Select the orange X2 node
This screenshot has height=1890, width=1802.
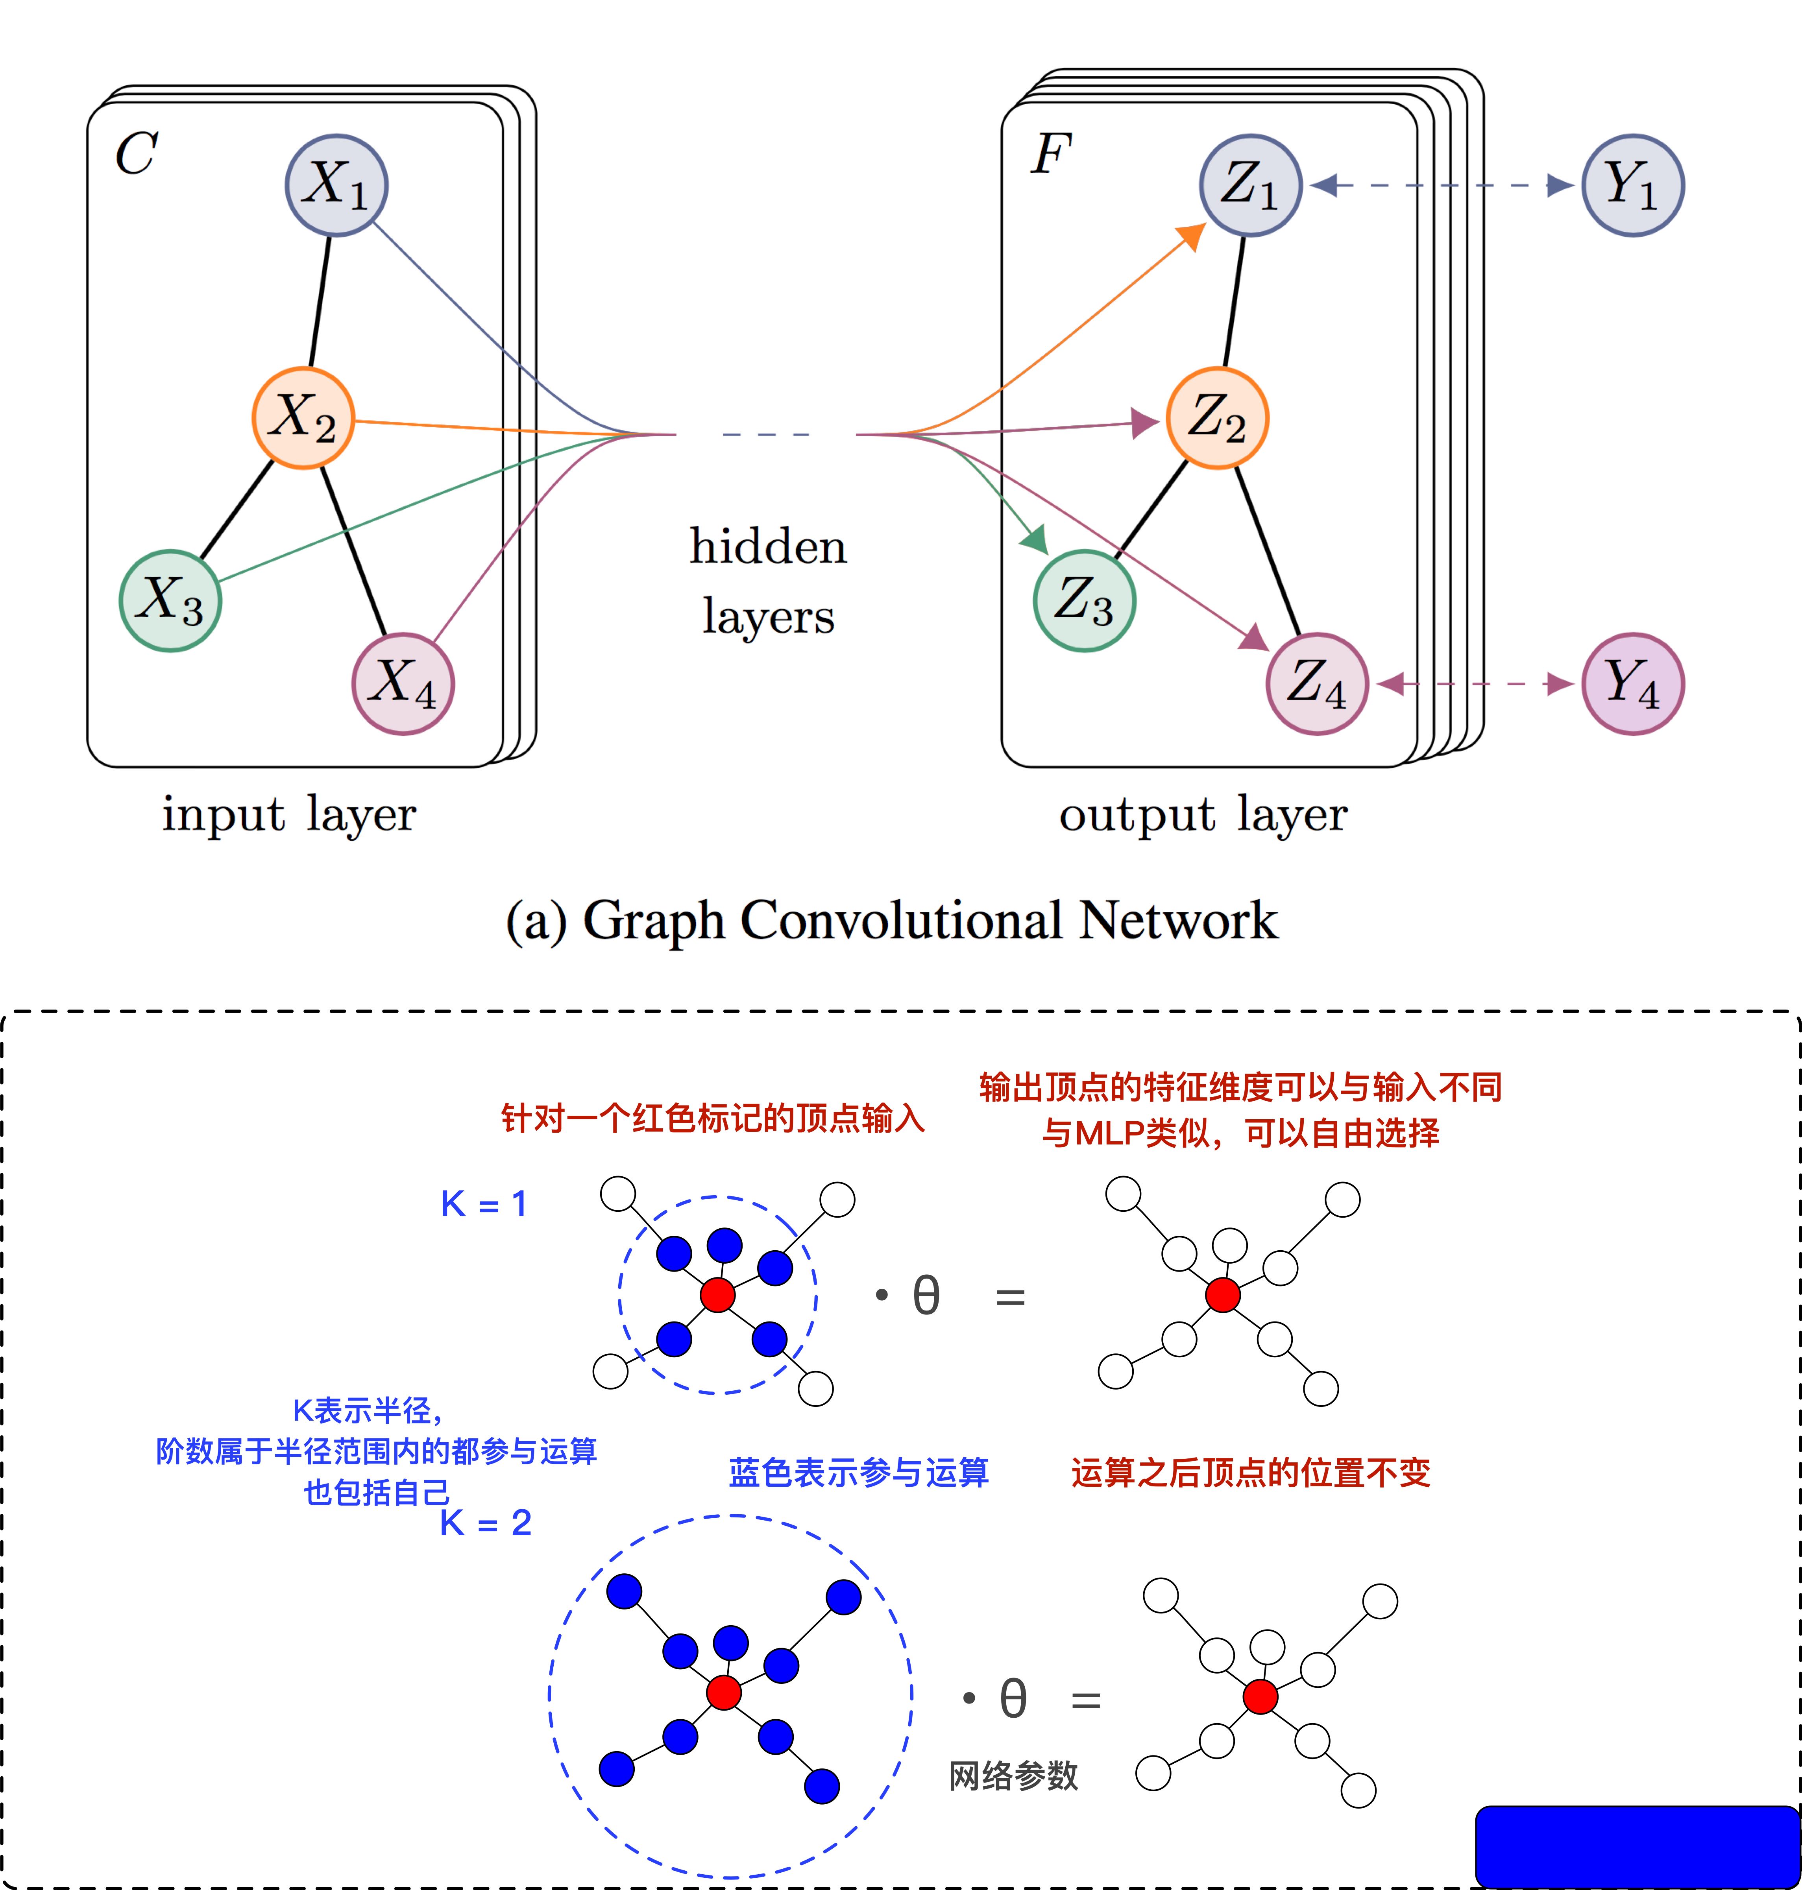[303, 418]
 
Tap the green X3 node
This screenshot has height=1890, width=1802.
[170, 600]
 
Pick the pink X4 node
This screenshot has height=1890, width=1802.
[403, 684]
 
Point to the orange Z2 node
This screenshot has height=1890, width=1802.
[1217, 418]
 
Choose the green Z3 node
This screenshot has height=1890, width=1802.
[1085, 600]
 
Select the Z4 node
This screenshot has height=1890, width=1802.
[1317, 684]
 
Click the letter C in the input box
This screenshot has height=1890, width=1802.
[137, 154]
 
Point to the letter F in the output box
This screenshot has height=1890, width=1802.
[1051, 154]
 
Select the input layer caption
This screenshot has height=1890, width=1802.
[288, 814]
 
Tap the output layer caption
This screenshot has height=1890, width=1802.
[1203, 814]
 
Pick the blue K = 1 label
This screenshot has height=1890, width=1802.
[483, 1203]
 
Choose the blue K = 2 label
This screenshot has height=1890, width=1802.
[485, 1522]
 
